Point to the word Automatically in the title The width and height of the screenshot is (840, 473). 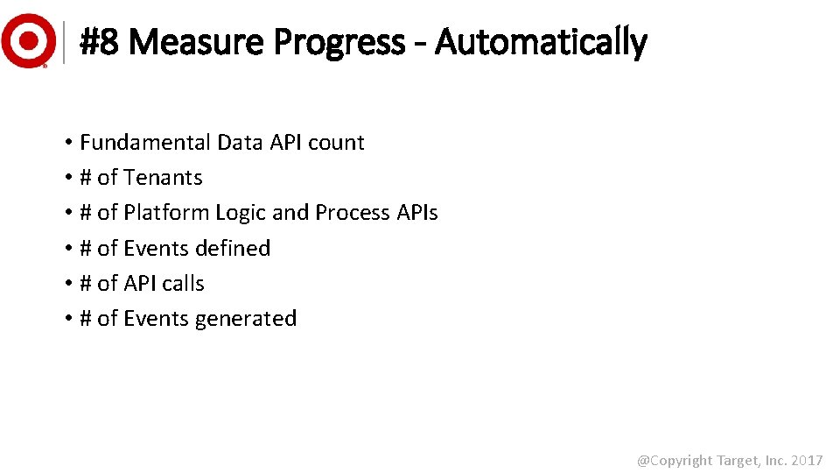coord(540,41)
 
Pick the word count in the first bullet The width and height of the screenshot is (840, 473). coord(338,143)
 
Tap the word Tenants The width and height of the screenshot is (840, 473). coord(163,178)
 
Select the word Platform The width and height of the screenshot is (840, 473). coord(166,213)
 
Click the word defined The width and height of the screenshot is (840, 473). coord(233,249)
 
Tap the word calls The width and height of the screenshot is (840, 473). coord(182,284)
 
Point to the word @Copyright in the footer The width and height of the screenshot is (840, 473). coord(674,460)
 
